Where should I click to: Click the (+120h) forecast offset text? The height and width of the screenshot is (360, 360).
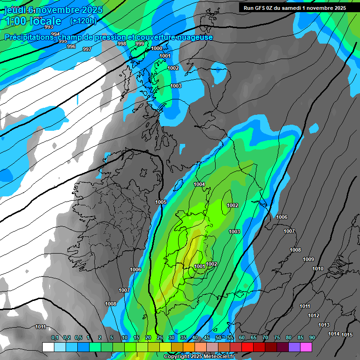click(x=83, y=21)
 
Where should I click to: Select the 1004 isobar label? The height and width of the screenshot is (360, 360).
click(x=200, y=184)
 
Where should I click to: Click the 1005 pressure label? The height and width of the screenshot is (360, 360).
click(x=161, y=202)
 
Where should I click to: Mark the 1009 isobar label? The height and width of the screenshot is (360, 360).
click(x=308, y=259)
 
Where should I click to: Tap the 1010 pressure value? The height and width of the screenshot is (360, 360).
click(x=318, y=269)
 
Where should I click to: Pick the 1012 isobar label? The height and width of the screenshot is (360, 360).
click(x=314, y=315)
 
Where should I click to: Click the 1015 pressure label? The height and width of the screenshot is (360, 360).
click(x=347, y=334)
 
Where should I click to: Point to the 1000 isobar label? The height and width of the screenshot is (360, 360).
click(x=157, y=48)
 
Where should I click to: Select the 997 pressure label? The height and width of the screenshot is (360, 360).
click(x=87, y=49)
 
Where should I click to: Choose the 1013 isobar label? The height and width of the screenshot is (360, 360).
click(x=324, y=325)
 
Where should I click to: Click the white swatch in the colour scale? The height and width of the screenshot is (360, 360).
click(x=48, y=347)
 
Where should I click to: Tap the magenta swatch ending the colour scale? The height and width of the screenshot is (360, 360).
click(x=306, y=347)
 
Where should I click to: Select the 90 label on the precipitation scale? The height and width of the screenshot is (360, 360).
click(x=312, y=338)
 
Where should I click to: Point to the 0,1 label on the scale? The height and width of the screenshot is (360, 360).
click(x=55, y=338)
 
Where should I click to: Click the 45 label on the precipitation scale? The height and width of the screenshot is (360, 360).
click(x=207, y=338)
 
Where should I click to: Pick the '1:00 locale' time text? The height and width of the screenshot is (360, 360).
click(x=33, y=21)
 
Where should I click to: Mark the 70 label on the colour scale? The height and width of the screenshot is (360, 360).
click(x=265, y=338)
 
